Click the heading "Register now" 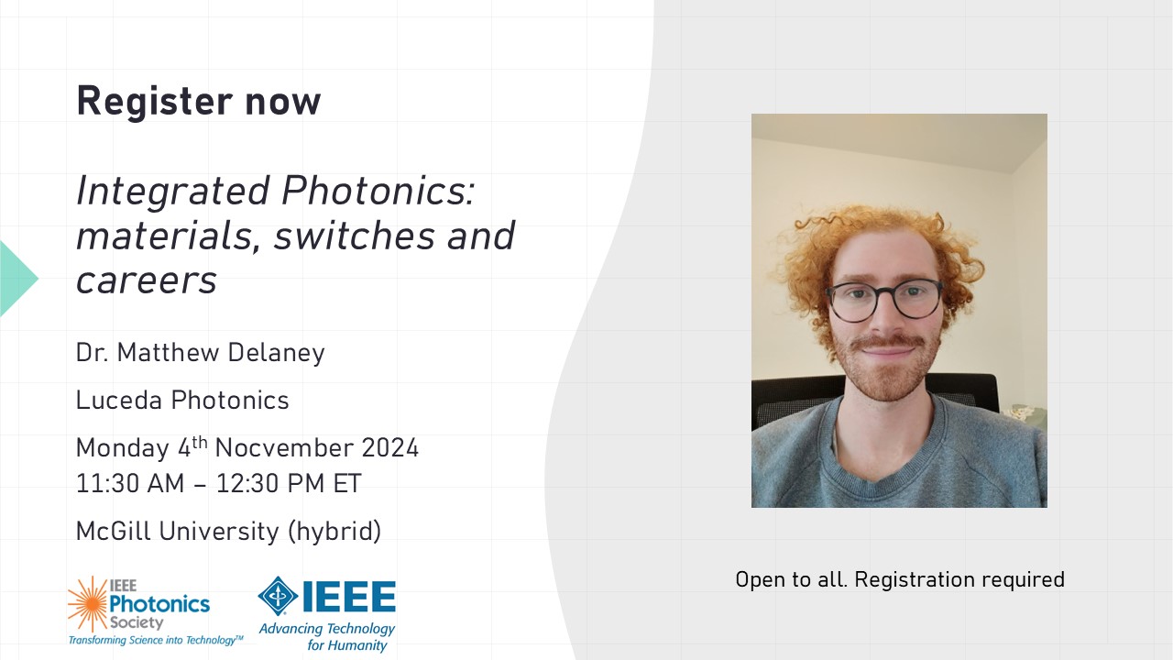tap(199, 101)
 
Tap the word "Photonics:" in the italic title tap(378, 192)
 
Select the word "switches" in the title tap(355, 236)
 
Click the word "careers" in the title tap(147, 281)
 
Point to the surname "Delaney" tap(276, 354)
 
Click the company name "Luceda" tap(119, 401)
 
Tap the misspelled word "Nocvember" tap(283, 449)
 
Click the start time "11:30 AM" tap(130, 483)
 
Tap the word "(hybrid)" tap(334, 532)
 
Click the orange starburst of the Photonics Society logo tap(88, 604)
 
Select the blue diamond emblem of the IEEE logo tap(278, 596)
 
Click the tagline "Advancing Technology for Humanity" tap(327, 637)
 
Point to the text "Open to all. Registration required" tap(900, 580)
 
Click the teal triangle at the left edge tap(16, 279)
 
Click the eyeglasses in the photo tap(885, 300)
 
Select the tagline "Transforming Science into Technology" tap(155, 640)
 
